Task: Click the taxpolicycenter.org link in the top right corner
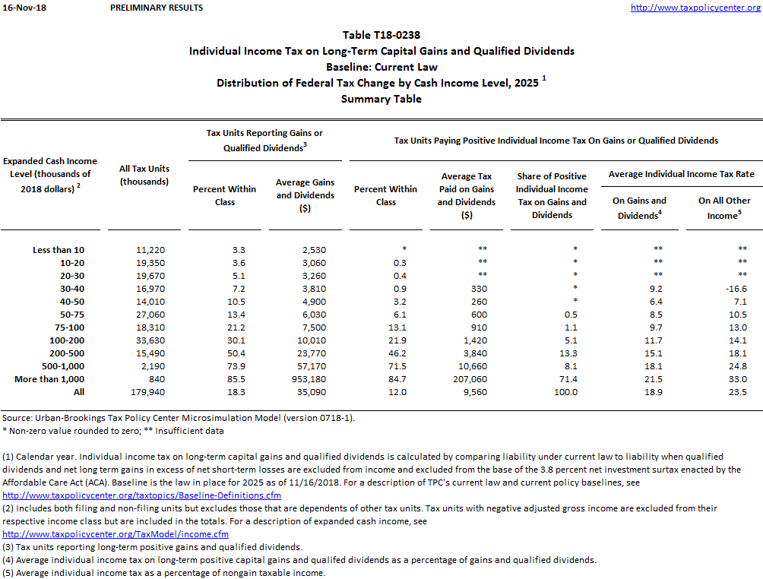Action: coord(696,8)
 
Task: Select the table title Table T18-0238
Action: coord(381,35)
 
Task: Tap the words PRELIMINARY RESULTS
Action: coord(157,8)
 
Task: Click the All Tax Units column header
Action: coord(144,175)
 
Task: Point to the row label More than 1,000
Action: coord(50,379)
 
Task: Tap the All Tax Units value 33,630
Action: coord(144,340)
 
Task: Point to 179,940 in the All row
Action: coord(144,392)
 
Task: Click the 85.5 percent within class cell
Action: coord(225,379)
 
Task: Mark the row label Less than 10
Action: coord(59,250)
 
